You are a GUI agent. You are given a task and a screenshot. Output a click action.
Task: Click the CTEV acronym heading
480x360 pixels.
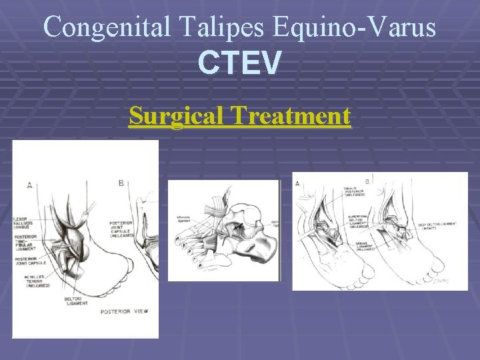click(240, 64)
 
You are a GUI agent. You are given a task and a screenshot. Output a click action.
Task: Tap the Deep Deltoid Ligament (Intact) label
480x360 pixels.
click(437, 227)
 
